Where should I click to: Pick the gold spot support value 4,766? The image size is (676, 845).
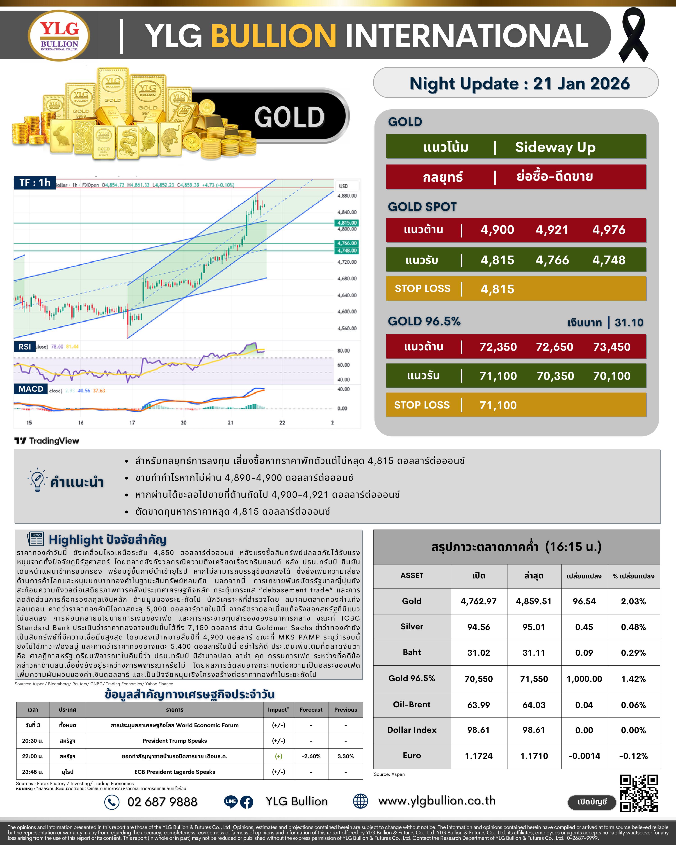point(552,260)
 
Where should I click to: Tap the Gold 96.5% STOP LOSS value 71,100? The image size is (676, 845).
point(498,405)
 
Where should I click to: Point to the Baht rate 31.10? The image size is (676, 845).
point(629,322)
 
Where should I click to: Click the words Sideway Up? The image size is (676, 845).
point(555,147)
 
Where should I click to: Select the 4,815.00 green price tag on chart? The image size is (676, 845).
point(347,223)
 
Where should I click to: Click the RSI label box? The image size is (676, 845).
point(25,347)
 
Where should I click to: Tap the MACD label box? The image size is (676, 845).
point(31,389)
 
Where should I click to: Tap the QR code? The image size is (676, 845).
point(639,794)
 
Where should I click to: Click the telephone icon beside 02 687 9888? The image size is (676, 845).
point(112,802)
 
